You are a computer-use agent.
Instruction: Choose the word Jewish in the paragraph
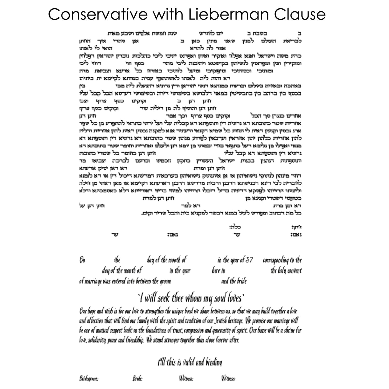220,321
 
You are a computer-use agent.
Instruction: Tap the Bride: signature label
137,379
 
